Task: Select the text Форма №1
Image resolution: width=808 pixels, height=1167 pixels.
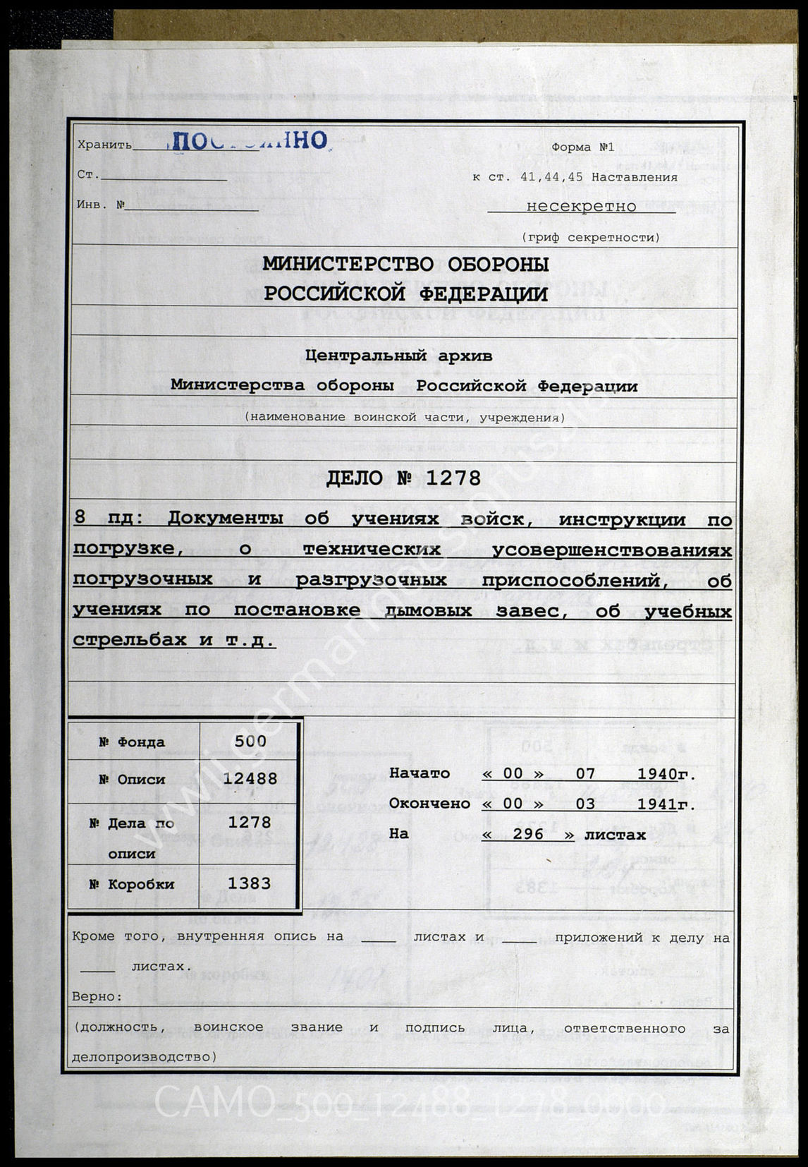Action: click(582, 147)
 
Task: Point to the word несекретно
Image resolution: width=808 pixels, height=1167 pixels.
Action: click(581, 207)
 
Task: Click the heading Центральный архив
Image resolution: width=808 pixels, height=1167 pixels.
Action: click(398, 356)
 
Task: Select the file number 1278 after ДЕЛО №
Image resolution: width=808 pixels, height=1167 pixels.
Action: click(453, 478)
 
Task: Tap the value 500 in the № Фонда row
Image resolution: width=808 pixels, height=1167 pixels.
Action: click(250, 741)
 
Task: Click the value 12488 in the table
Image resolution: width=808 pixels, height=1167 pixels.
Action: click(250, 779)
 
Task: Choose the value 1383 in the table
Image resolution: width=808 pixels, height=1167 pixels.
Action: click(250, 883)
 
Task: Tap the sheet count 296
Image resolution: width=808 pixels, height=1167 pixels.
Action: click(528, 834)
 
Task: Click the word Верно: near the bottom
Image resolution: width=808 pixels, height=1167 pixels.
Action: click(97, 997)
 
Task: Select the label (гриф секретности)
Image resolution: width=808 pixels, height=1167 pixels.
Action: click(590, 237)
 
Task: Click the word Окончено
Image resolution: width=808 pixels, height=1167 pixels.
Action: click(429, 804)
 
